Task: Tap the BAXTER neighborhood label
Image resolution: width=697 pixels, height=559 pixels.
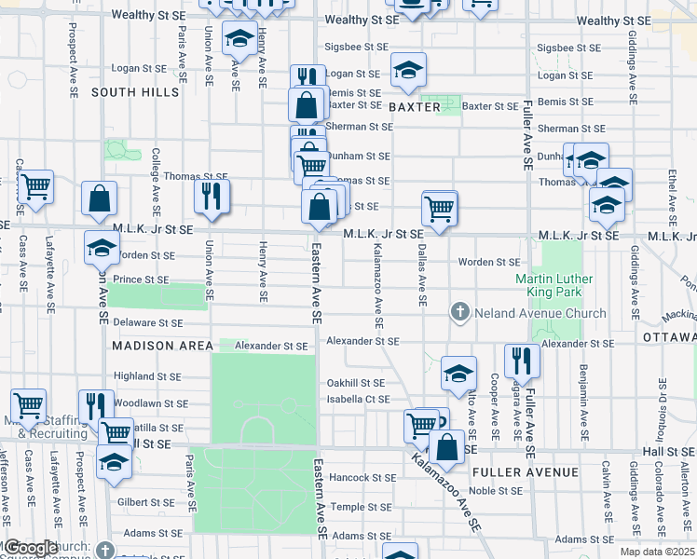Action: pos(415,107)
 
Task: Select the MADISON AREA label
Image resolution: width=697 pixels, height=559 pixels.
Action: pos(162,345)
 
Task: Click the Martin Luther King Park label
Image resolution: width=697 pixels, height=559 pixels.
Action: pos(562,286)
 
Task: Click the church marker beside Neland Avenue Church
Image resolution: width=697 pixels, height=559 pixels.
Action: pos(459,313)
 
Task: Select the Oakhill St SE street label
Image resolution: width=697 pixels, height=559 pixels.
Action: pos(355,383)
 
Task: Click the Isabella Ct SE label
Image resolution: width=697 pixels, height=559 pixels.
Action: pos(358,400)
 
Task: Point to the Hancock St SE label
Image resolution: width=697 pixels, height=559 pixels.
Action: pos(363,478)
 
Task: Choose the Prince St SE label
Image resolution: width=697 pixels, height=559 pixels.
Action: pos(141,279)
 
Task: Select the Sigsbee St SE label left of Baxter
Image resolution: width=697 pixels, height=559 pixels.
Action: pos(356,47)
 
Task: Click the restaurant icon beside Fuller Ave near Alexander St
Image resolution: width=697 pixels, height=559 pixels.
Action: pos(522,361)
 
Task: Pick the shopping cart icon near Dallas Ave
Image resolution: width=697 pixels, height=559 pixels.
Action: pos(439,206)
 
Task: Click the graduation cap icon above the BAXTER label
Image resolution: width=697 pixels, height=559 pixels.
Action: pos(408,70)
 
